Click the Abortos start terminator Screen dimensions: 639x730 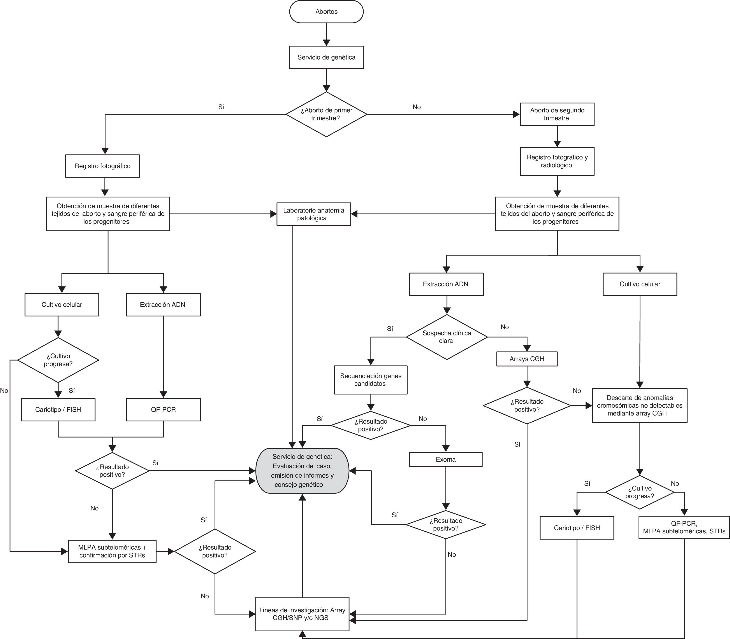[326, 12]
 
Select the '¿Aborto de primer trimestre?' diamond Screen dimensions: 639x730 [326, 114]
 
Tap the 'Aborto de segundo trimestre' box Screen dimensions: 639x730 [557, 114]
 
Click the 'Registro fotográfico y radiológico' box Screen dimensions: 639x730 [557, 161]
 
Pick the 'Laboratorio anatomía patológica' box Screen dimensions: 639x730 [313, 214]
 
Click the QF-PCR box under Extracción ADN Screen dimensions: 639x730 [163, 409]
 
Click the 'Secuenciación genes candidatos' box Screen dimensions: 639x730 [371, 380]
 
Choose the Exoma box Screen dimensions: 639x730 [445, 459]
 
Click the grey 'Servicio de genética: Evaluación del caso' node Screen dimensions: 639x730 [302, 471]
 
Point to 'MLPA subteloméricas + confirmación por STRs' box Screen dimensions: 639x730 [112, 551]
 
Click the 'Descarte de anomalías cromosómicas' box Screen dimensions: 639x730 [639, 405]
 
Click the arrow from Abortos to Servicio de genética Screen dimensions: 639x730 [326, 34]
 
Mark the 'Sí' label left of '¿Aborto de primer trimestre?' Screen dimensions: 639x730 [221, 107]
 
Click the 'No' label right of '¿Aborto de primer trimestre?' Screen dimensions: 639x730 [416, 107]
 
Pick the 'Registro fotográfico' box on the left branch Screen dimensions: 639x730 [102, 166]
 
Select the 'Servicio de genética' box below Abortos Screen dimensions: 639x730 [326, 57]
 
